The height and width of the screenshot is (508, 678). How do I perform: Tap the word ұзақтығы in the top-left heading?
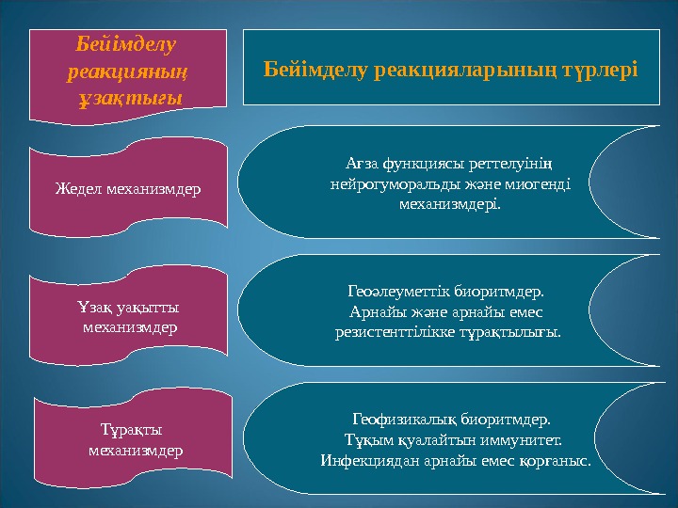[130, 97]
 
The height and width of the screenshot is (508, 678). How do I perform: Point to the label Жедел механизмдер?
[128, 188]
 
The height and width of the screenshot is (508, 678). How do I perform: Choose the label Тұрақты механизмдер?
[131, 439]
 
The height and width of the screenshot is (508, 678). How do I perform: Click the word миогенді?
[536, 184]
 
